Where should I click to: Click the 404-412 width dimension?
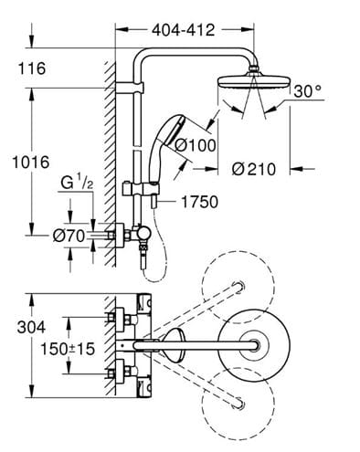coord(184,30)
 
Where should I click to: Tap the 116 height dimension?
coord(32,68)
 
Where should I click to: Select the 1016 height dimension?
coord(30,162)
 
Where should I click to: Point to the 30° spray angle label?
coord(308,91)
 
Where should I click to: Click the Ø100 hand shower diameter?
coord(196,145)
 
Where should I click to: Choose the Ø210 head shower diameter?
coord(254,169)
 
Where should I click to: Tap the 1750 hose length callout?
coord(200,202)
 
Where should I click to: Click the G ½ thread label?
coord(77,183)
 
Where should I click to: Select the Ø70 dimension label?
coord(69,236)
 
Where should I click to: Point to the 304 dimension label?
coord(31,327)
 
